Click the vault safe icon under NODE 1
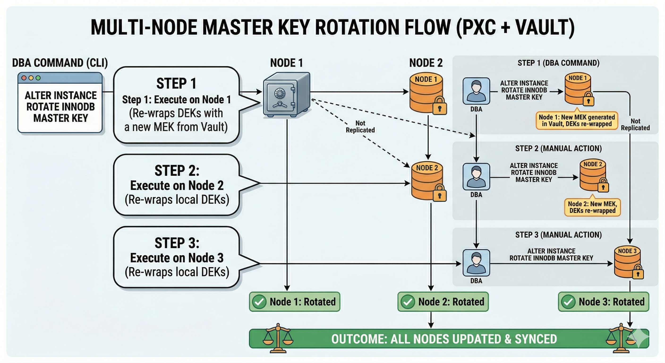286,95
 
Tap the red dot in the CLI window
24,78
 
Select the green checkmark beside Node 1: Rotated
259,302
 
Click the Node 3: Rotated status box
603,302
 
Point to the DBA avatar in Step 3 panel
476,263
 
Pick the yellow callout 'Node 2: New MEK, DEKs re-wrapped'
592,207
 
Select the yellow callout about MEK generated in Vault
577,120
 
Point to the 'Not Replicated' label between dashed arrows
360,127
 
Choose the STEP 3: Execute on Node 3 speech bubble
177,257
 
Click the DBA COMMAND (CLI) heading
60,63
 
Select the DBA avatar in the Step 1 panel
476,91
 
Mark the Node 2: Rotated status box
443,302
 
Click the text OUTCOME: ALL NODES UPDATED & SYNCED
444,339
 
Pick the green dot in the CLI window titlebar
38,78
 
